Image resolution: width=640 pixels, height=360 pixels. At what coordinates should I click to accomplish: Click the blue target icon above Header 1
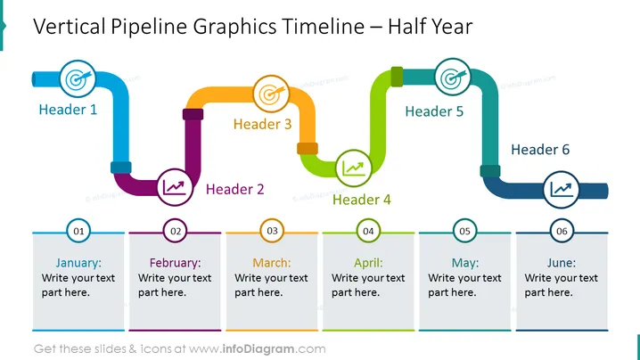[78, 78]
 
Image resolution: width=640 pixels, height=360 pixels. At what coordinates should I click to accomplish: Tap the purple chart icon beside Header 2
[175, 187]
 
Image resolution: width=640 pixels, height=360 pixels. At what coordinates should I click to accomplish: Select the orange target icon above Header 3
[272, 94]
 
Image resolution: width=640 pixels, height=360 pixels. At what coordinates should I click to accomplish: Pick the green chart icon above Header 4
[354, 168]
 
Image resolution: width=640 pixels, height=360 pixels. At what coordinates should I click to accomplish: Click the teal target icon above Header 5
[452, 77]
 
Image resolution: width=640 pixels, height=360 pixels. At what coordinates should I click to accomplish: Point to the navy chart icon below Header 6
[562, 190]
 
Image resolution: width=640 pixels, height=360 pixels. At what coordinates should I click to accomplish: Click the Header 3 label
[262, 124]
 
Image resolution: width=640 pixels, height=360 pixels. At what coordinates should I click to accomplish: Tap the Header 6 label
[540, 150]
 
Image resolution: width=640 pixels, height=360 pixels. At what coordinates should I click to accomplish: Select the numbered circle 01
[78, 231]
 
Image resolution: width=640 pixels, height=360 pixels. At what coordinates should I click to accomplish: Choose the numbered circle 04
[368, 231]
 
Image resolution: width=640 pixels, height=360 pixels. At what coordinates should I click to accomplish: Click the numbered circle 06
[562, 231]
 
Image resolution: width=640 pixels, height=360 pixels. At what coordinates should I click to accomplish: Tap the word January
[78, 263]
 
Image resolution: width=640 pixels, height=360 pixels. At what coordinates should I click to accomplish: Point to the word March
[272, 263]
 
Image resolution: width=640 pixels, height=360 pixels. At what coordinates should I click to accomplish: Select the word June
[562, 263]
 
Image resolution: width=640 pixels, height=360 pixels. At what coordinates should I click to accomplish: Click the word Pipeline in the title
[149, 27]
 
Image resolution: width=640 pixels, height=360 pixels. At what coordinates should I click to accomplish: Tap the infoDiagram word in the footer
[258, 349]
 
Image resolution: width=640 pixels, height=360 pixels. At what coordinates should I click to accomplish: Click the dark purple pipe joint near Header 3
[193, 114]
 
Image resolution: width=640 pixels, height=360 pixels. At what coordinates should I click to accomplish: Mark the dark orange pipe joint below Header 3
[308, 148]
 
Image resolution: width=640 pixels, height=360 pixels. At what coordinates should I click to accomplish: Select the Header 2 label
[234, 189]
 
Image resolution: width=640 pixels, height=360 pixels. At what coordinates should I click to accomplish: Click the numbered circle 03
[272, 231]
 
